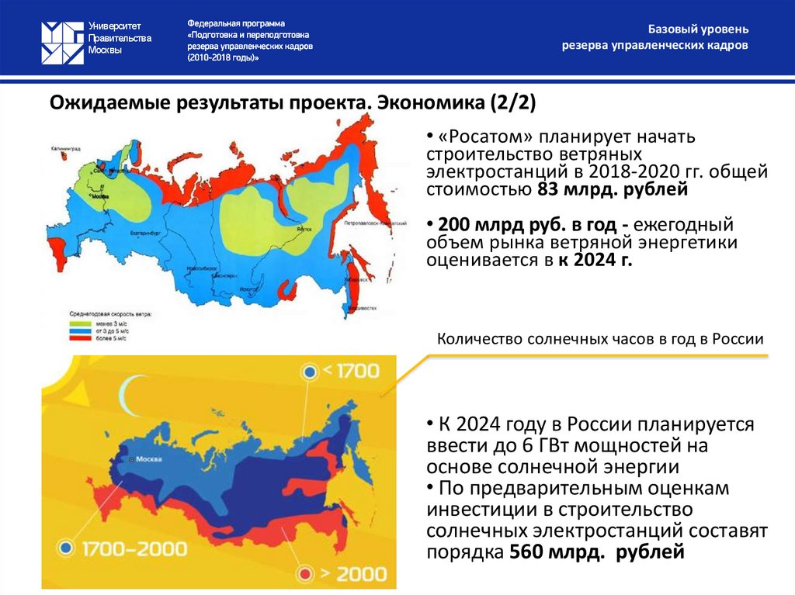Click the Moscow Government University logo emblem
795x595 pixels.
61,40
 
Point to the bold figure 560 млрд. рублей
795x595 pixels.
597,552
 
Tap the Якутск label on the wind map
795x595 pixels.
304,230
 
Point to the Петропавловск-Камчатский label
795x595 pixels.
376,223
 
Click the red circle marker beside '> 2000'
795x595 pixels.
307,573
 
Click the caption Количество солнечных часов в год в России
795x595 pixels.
601,339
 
